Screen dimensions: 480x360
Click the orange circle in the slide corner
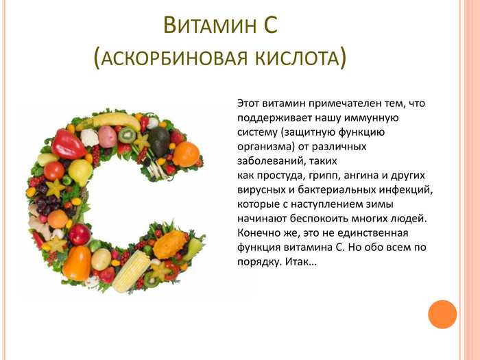coord(442,314)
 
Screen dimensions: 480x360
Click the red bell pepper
coord(68,144)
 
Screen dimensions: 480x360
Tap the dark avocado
coord(158,141)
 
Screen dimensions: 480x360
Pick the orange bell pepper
coord(77,263)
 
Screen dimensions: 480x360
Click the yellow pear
coord(80,171)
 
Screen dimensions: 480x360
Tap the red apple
coord(80,235)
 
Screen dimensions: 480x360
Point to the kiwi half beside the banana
coord(127,135)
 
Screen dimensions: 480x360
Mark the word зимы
coord(379,204)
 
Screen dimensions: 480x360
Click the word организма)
coord(266,147)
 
